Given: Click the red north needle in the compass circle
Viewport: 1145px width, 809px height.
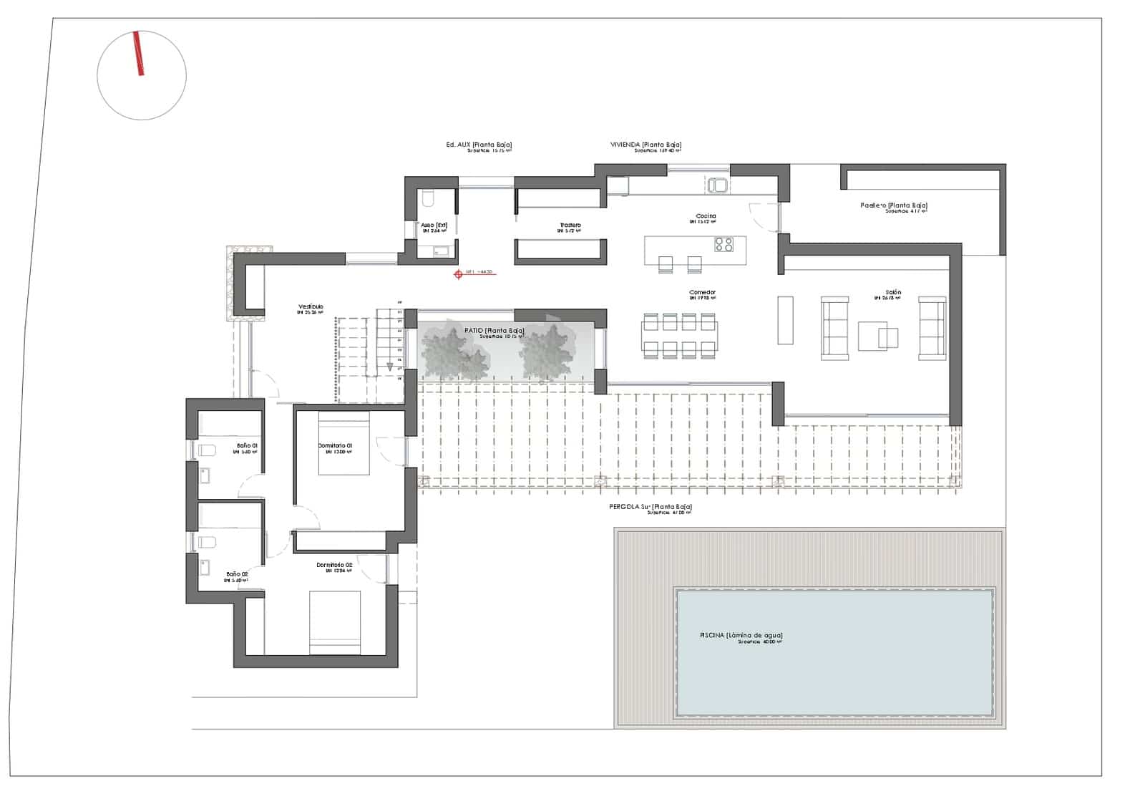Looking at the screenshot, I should click(138, 54).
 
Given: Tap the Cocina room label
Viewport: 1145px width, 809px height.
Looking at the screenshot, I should click(706, 216).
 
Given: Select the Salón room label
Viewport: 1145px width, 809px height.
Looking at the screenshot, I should click(893, 293).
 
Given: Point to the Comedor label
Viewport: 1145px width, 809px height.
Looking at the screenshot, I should click(702, 293).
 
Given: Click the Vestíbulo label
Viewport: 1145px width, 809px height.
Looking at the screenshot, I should click(311, 307).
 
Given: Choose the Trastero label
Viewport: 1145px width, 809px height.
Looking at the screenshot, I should click(570, 226).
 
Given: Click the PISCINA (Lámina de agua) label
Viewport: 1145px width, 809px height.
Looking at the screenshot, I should click(741, 636).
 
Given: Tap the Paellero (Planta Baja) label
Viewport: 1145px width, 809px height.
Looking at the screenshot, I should click(893, 205).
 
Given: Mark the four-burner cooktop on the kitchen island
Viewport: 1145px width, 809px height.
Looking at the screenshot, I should click(723, 244).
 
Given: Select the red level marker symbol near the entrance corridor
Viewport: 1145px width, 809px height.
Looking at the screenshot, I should click(459, 273).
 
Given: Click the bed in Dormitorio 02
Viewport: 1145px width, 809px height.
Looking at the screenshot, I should click(335, 621).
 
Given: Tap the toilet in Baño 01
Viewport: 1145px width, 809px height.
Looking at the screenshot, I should click(206, 450).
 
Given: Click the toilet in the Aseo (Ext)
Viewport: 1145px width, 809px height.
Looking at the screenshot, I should click(428, 198).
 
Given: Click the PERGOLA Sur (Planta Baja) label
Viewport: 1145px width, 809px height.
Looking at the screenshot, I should click(650, 507).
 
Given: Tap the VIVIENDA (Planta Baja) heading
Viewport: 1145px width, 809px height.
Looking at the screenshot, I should click(645, 145).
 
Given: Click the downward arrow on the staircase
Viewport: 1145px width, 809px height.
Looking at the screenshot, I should click(390, 367).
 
